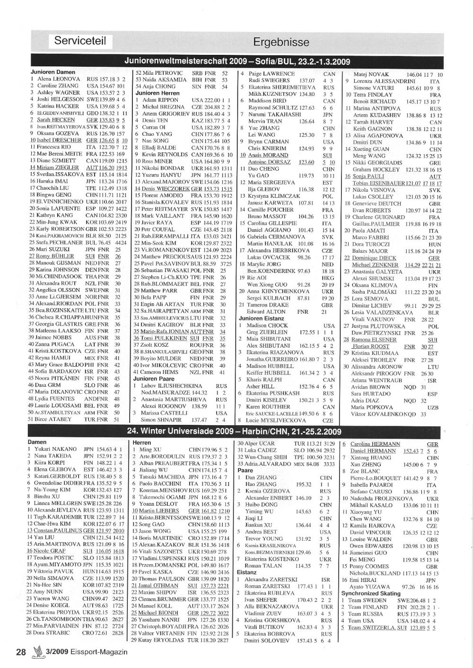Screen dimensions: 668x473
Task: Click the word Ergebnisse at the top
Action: click(281, 42)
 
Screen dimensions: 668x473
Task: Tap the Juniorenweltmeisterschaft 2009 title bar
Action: click(236, 62)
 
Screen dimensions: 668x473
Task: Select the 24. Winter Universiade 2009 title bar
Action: click(234, 431)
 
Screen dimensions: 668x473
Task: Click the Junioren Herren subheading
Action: click(158, 94)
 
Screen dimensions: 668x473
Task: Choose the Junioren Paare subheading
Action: click(154, 379)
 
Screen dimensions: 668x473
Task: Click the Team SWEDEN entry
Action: click(368, 600)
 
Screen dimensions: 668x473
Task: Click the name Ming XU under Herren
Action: click(150, 449)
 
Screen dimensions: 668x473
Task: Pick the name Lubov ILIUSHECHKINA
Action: click(165, 386)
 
